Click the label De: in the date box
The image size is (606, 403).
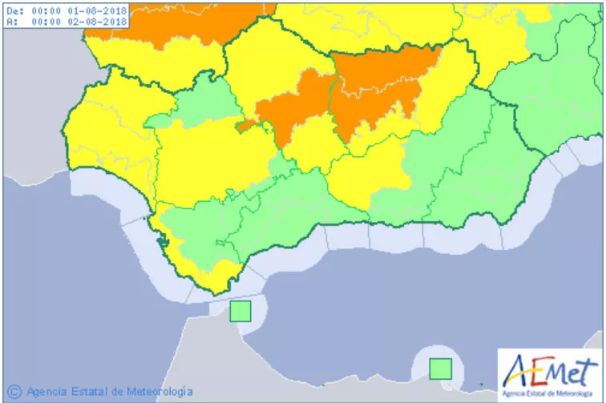[15, 11]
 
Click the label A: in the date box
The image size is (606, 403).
[12, 22]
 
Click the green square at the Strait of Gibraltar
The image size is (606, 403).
[240, 311]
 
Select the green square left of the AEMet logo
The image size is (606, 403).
[440, 369]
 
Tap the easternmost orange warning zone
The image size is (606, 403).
[381, 84]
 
